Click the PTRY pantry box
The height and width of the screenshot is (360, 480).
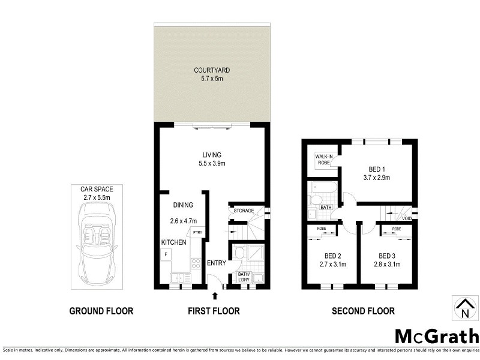click(197, 232)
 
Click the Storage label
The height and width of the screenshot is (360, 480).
click(244, 211)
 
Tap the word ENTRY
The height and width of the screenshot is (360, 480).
click(217, 263)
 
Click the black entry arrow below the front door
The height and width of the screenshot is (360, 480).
click(215, 295)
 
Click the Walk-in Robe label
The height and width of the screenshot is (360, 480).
click(324, 159)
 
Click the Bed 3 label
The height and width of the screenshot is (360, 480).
click(387, 255)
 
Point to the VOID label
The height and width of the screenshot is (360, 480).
click(407, 218)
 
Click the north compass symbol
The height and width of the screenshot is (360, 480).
click(464, 307)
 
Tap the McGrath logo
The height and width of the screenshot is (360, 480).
click(436, 335)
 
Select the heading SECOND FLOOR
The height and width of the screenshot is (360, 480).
click(364, 311)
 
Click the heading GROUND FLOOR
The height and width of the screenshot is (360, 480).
click(101, 311)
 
